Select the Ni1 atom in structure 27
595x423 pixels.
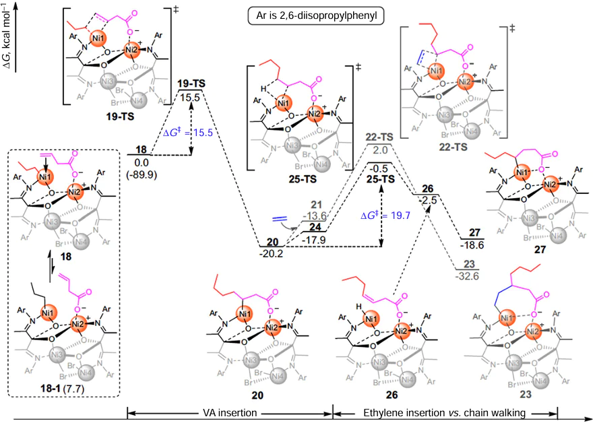(x=521, y=172)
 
